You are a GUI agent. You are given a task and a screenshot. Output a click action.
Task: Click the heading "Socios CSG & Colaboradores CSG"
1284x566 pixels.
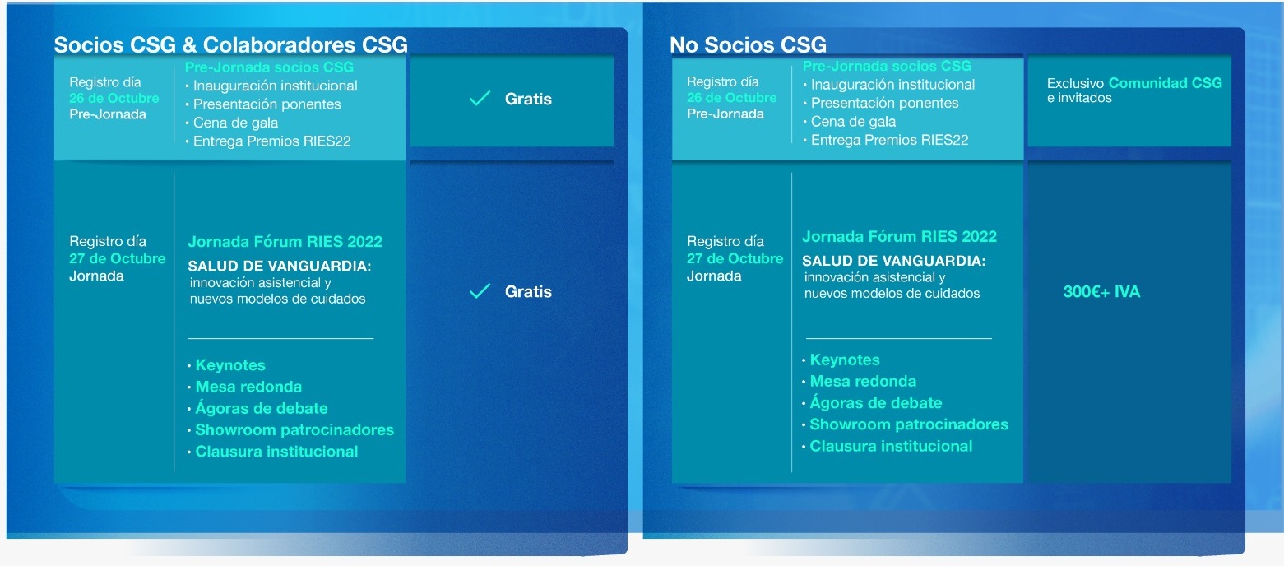coord(230,44)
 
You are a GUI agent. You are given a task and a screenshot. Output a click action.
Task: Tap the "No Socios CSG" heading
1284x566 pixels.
coord(748,44)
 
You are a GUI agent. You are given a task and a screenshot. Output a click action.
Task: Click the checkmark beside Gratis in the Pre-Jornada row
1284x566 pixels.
coord(480,99)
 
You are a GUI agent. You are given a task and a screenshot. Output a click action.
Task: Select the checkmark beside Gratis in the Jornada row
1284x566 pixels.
coord(480,291)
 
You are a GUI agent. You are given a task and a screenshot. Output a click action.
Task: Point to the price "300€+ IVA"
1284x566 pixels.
coord(1101,292)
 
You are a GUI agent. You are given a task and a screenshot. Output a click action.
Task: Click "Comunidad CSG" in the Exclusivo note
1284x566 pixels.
coord(1166,83)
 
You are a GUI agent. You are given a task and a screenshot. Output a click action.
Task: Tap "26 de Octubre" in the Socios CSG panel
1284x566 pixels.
coord(114,98)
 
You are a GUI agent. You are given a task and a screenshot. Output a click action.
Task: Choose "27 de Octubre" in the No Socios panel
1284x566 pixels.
coord(735,258)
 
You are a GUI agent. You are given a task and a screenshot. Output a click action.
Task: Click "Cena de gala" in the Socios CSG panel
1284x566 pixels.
coord(235,123)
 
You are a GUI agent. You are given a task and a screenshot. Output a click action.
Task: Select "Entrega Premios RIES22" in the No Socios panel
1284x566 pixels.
coord(890,140)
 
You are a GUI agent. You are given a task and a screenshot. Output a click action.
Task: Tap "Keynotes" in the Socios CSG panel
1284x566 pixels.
coord(230,365)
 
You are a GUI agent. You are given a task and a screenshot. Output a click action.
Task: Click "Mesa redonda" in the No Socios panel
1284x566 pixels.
coord(863,382)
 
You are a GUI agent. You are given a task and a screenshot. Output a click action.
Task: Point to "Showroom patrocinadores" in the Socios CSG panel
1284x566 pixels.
coord(294,430)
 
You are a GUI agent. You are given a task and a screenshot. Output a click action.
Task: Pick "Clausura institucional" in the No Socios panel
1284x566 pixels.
coord(891,446)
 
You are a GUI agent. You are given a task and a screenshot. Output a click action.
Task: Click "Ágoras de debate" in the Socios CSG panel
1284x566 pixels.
coord(262,408)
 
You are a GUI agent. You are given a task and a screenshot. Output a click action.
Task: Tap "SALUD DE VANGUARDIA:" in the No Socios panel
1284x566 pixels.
coord(893,261)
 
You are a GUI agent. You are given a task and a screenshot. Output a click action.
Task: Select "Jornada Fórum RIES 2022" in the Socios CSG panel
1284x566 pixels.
coord(285,241)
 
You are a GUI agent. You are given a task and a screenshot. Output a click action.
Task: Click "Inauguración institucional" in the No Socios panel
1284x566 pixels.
coord(892,85)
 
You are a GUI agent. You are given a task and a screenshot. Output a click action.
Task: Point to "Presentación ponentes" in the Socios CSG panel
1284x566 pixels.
coord(267,104)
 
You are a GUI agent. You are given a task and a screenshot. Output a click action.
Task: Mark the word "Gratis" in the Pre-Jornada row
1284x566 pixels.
coord(528,100)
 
